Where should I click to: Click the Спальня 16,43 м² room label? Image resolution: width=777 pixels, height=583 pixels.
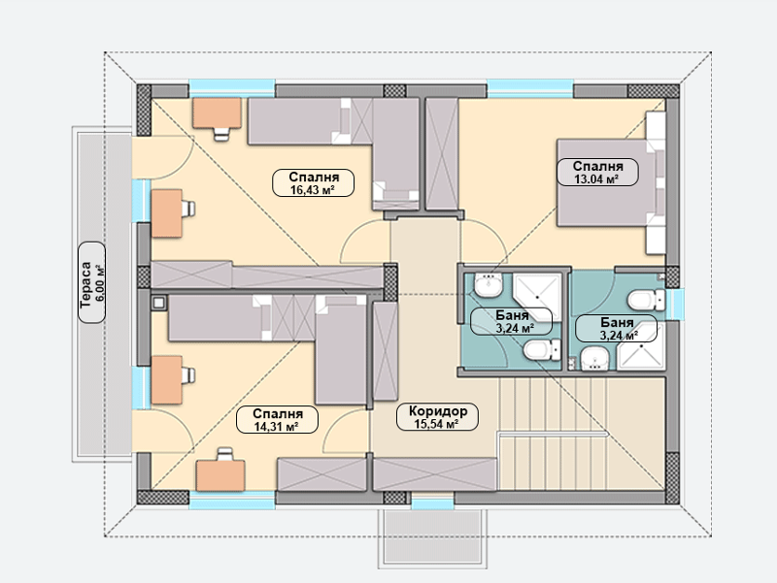tap(313, 182)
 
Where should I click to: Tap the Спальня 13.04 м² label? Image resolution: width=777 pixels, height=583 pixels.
tap(597, 173)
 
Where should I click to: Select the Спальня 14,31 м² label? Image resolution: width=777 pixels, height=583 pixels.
tap(277, 420)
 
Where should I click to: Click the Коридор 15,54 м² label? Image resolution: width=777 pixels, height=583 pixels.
tap(438, 417)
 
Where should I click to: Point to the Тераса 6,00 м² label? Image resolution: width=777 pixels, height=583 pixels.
tap(91, 282)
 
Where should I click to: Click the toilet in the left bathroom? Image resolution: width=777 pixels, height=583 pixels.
tap(542, 350)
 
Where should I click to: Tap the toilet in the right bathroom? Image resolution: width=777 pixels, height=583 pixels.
tap(647, 300)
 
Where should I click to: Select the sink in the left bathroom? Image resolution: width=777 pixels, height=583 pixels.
tap(489, 284)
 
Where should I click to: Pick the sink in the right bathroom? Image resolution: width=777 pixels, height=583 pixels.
tap(594, 358)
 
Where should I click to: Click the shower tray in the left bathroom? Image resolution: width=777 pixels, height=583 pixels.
tap(537, 296)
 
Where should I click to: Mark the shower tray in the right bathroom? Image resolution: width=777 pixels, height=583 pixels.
tap(640, 347)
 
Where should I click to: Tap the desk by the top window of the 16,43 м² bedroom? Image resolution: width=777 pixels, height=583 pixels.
tap(217, 113)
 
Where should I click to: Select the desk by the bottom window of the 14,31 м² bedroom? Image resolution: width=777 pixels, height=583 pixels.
tap(220, 475)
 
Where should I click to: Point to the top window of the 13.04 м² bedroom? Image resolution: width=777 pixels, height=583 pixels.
tap(530, 88)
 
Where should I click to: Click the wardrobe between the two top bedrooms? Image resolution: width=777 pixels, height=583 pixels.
tap(442, 154)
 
